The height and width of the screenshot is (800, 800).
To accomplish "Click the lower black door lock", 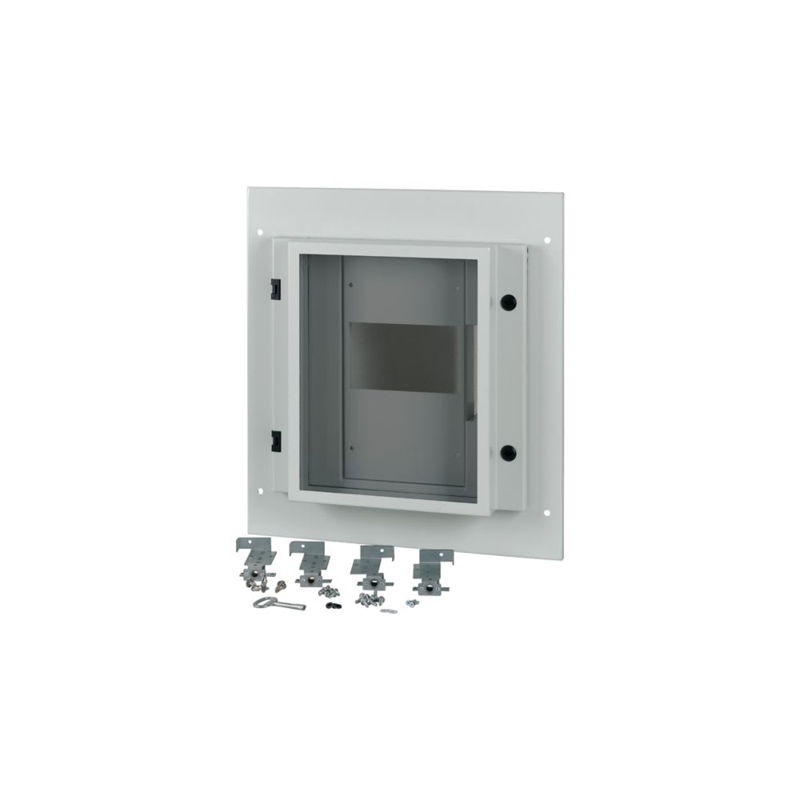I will tap(506, 453).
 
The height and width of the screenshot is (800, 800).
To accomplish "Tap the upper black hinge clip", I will tap(274, 285).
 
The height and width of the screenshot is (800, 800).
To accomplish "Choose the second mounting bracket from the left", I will tap(307, 564).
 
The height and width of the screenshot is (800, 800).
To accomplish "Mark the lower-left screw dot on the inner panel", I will tap(350, 447).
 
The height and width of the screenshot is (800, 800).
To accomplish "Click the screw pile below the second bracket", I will tap(330, 591).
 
